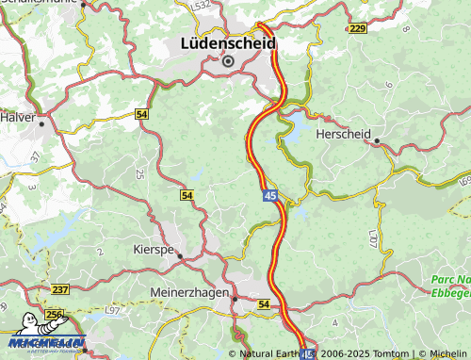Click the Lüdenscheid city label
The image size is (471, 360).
tap(228, 43)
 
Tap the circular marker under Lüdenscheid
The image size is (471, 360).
tap(228, 61)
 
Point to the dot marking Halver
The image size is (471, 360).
tap(42, 121)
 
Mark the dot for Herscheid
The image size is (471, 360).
tap(377, 142)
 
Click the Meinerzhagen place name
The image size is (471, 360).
tap(189, 293)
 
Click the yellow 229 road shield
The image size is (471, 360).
tap(357, 29)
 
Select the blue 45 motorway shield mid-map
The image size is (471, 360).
tap(269, 195)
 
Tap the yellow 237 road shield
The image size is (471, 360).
tap(61, 289)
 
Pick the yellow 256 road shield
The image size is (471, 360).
tap(56, 316)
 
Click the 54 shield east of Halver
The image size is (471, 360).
tap(142, 113)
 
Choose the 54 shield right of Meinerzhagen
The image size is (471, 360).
tap(263, 304)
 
